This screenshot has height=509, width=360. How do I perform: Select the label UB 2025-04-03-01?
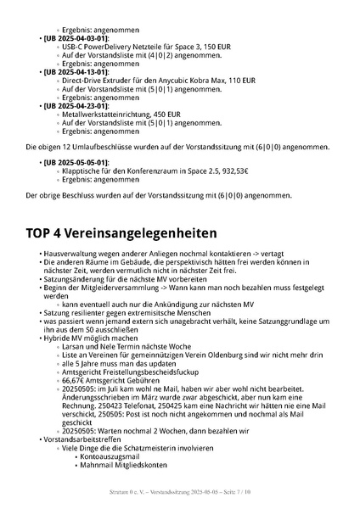pyautogui.click(x=76, y=39)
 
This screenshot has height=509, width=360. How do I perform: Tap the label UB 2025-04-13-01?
pyautogui.click(x=76, y=72)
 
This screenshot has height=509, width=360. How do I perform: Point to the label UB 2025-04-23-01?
pyautogui.click(x=76, y=105)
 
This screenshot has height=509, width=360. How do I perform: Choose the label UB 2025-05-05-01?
pyautogui.click(x=76, y=162)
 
